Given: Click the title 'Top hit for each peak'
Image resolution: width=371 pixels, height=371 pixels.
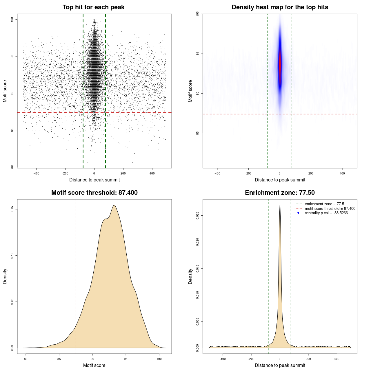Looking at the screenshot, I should click(93, 7).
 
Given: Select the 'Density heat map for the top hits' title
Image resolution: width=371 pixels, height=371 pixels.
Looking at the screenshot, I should click(280, 7).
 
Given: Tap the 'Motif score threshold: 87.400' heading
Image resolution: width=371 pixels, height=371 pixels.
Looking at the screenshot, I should click(94, 193).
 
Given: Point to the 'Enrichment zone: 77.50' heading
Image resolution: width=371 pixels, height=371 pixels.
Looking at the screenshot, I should click(280, 193).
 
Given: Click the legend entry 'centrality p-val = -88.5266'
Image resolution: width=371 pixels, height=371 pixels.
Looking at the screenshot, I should click(326, 213).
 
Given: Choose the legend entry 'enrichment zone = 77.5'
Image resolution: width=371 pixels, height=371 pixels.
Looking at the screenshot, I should click(324, 204).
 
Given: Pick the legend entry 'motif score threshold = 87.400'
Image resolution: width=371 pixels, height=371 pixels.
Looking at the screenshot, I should click(330, 209).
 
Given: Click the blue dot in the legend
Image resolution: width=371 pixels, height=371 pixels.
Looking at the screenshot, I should click(298, 213).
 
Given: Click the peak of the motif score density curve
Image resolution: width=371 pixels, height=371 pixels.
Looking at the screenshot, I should click(114, 205).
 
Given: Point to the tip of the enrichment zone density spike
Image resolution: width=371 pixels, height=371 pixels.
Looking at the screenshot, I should click(280, 205).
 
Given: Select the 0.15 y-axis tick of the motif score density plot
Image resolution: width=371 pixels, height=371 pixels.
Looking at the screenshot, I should click(12, 209).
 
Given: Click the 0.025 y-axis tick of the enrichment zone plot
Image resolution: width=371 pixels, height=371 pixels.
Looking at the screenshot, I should click(197, 215).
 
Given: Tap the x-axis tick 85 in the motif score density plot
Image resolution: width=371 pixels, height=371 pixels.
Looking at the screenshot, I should click(59, 359).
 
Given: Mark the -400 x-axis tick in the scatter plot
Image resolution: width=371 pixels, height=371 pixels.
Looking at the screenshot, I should click(36, 173).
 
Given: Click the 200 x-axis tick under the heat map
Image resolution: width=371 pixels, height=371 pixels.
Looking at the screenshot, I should click(311, 173).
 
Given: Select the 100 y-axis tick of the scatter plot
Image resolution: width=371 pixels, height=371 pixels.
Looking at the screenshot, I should click(12, 19).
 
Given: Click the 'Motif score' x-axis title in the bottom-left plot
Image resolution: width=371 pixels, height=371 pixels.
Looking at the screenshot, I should click(94, 365).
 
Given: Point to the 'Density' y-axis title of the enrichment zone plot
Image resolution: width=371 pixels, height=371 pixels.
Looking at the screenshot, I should click(190, 276).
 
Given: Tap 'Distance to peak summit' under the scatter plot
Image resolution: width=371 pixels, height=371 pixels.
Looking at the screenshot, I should click(94, 180).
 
